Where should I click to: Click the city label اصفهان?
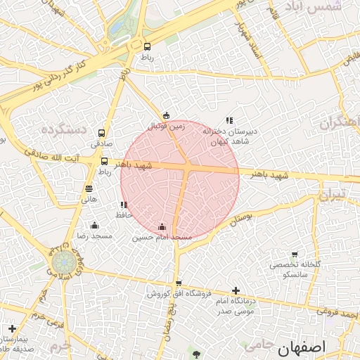point(302,347)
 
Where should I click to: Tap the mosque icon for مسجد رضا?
point(95,225)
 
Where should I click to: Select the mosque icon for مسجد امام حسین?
point(162,226)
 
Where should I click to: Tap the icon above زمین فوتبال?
point(166,115)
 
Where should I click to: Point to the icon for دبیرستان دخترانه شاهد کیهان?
point(229,120)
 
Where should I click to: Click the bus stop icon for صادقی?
point(102,133)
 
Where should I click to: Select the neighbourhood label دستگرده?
point(64,129)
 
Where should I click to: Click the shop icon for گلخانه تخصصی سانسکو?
point(294,255)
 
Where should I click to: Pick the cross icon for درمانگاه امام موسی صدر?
point(236,290)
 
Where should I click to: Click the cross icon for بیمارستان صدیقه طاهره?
point(12,328)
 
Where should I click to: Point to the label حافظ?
point(124,213)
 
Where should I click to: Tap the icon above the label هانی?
point(89,188)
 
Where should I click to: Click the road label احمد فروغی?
point(338,314)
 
